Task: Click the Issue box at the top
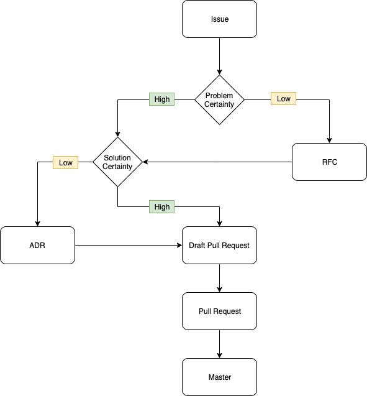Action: [219, 19]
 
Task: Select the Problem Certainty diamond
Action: [219, 99]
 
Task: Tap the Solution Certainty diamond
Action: [117, 162]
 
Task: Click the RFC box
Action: [329, 162]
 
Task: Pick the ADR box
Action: [38, 246]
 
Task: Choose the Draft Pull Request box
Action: [219, 246]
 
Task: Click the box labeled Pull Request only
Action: [219, 311]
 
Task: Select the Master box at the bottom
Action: [219, 377]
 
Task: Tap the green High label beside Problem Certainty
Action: [161, 99]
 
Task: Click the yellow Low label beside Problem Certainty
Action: [283, 99]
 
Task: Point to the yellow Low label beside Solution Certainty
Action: [65, 163]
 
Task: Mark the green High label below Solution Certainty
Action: [161, 206]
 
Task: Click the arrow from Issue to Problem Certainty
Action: [219, 56]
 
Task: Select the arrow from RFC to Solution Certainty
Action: [217, 162]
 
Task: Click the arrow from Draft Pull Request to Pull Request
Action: [219, 278]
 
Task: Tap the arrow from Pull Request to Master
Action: [219, 344]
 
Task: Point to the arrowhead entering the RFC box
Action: [329, 140]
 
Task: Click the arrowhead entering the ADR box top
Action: [38, 224]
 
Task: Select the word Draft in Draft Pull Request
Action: [198, 246]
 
